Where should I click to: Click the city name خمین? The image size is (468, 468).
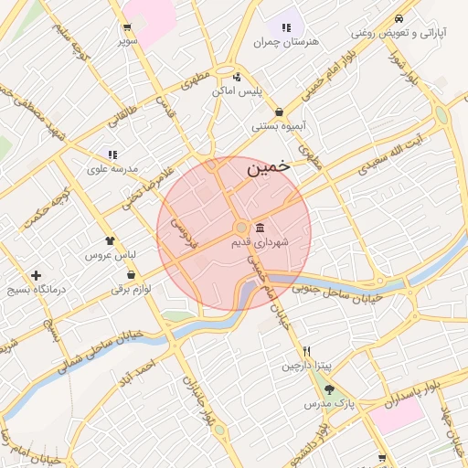(269, 167)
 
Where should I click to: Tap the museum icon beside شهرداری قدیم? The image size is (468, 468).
(261, 227)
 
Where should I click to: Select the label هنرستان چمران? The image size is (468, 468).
(287, 43)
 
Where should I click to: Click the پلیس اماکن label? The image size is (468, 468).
(237, 91)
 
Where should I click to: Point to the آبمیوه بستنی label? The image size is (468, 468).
(278, 126)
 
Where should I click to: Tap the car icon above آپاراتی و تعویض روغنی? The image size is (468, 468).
(399, 18)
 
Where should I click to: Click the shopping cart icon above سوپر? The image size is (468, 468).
(126, 27)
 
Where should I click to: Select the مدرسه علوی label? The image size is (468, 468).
(112, 169)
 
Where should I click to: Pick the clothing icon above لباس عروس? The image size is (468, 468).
(112, 240)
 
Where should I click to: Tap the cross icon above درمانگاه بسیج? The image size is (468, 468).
(36, 275)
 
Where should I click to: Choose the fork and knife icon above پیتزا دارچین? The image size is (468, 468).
(307, 351)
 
